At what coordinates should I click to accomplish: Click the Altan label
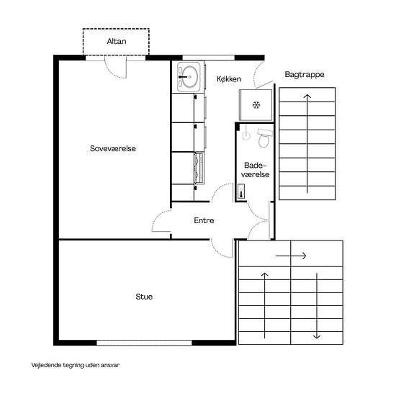[x=117, y=41]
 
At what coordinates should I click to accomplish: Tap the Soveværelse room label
[x=113, y=148]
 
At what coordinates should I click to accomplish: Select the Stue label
[x=144, y=297]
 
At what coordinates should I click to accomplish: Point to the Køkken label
[x=229, y=79]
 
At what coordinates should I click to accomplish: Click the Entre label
[x=204, y=220]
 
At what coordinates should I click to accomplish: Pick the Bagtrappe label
[x=305, y=74]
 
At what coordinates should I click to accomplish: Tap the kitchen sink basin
[x=189, y=76]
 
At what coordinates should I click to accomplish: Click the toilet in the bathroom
[x=264, y=138]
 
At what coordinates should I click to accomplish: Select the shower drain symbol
[x=256, y=104]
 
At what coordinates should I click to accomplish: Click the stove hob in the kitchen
[x=199, y=168]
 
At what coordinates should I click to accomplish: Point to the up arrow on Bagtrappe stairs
[x=307, y=144]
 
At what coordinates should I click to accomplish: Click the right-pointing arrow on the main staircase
[x=291, y=256]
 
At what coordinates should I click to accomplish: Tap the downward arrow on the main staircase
[x=317, y=306]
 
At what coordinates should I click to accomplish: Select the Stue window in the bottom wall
[x=144, y=343]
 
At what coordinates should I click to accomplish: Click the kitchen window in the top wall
[x=208, y=58]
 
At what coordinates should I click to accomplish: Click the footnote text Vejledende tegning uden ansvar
[x=76, y=365]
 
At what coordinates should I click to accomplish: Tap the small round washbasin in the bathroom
[x=246, y=135]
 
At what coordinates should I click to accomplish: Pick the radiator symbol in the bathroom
[x=241, y=192]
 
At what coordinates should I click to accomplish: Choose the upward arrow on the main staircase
[x=264, y=305]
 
